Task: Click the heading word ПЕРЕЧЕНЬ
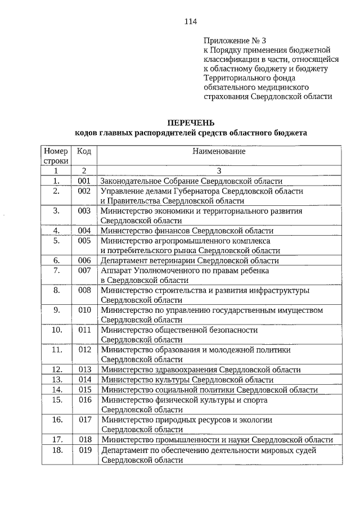pyautogui.click(x=191, y=123)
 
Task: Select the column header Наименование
pyautogui.click(x=219, y=151)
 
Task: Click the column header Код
pyautogui.click(x=84, y=151)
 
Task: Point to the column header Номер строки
pyautogui.click(x=56, y=156)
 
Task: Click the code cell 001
pyautogui.click(x=84, y=181)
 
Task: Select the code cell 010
pyautogui.click(x=84, y=310)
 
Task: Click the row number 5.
pyautogui.click(x=56, y=241)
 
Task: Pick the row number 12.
pyautogui.click(x=56, y=370)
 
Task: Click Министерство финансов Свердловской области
pyautogui.click(x=187, y=231)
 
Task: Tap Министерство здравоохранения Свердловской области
pyautogui.click(x=200, y=370)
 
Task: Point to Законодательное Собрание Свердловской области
pyautogui.click(x=191, y=181)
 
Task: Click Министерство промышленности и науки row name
pyautogui.click(x=217, y=440)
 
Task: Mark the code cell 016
pyautogui.click(x=84, y=400)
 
